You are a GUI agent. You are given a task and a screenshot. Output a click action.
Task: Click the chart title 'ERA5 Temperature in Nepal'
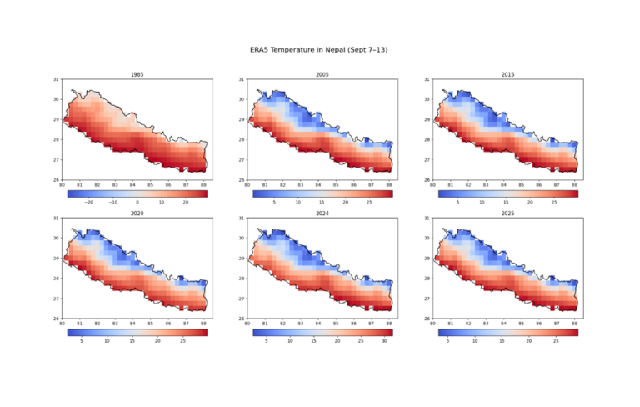pos(320,51)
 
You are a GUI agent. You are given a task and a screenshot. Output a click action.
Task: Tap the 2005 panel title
pos(321,75)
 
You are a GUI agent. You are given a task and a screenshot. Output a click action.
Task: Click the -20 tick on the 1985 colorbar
pos(89,202)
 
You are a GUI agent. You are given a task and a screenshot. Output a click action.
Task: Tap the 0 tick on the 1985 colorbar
pos(137,202)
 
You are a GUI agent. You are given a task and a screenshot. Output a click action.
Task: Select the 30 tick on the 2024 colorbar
pos(384,340)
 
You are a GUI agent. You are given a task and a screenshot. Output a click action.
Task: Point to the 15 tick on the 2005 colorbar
pos(321,202)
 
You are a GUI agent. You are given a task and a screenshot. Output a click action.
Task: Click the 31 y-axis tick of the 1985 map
pos(57,80)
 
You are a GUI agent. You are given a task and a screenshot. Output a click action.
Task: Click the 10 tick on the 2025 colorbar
pos(475,340)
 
